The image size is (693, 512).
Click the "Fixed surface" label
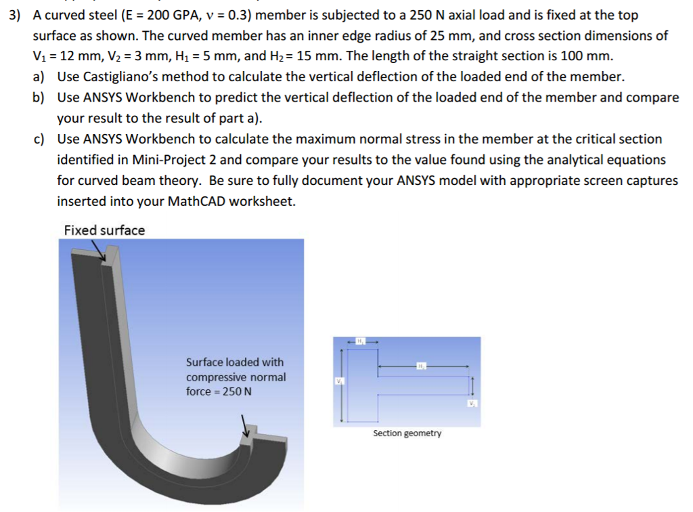click(x=104, y=230)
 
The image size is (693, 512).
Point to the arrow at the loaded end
click(x=247, y=426)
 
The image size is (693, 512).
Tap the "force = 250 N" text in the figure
click(x=219, y=391)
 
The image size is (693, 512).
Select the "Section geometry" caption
click(x=407, y=433)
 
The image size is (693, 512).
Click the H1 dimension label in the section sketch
click(x=361, y=340)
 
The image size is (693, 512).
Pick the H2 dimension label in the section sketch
click(x=423, y=366)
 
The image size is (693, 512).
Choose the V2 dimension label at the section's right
click(x=472, y=404)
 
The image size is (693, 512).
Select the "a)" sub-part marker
click(x=39, y=77)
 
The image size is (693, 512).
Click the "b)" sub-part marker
click(x=39, y=98)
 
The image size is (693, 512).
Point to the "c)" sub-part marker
click(x=39, y=139)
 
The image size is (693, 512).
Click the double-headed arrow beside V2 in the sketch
click(x=472, y=387)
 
